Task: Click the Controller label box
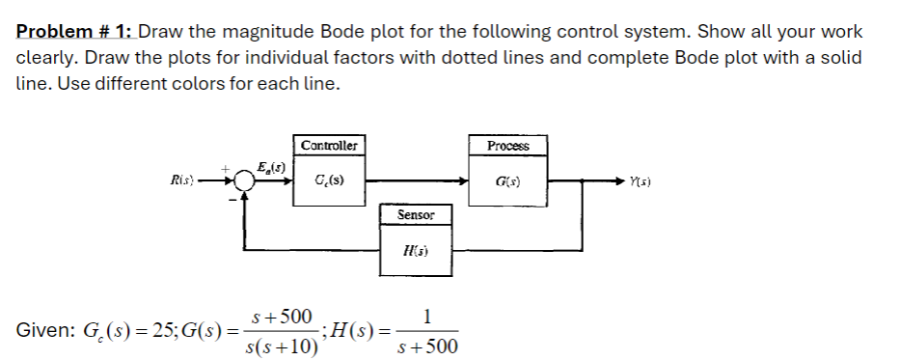(x=329, y=146)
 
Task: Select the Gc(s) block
(x=329, y=180)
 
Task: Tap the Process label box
(x=508, y=146)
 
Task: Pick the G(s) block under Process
(x=508, y=180)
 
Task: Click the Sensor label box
(x=417, y=214)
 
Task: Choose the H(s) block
(x=417, y=250)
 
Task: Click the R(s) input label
(x=181, y=180)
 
